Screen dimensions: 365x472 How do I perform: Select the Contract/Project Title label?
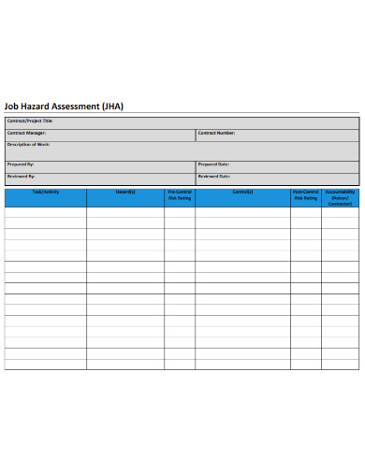(x=30, y=122)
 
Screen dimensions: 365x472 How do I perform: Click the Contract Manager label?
(x=26, y=133)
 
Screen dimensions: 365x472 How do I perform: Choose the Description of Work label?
(x=29, y=144)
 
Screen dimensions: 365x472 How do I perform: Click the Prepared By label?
(x=21, y=164)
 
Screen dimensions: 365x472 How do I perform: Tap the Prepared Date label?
(x=214, y=164)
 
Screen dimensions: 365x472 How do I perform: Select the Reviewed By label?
(x=22, y=176)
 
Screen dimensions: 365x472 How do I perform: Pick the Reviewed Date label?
(x=214, y=176)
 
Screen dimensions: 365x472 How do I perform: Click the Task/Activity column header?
(x=45, y=192)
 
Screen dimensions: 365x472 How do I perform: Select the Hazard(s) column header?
(x=125, y=192)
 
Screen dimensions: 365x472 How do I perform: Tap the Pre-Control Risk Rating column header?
(x=179, y=195)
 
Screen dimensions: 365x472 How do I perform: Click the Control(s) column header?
(x=242, y=192)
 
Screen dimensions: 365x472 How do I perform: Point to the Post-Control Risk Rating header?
(x=305, y=195)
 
